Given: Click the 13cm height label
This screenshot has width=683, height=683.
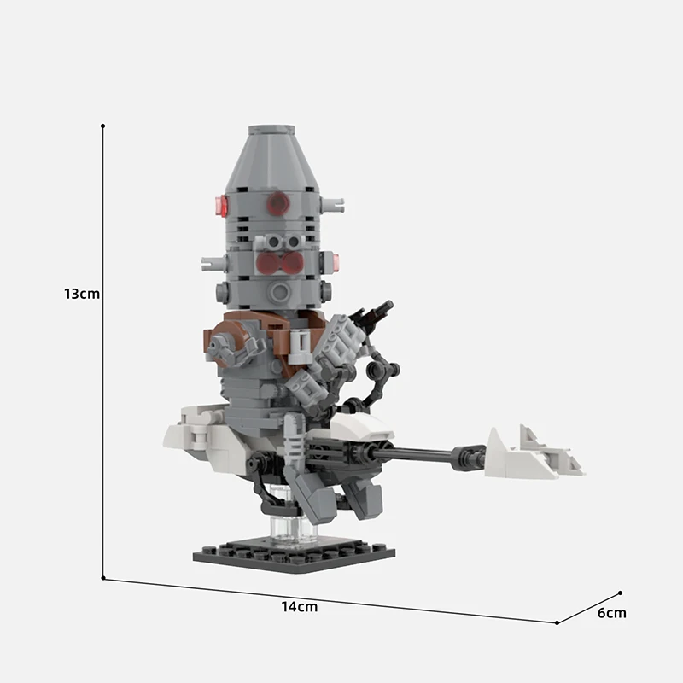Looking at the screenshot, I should click(x=82, y=294).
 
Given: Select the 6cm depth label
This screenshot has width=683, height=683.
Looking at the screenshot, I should click(x=611, y=612).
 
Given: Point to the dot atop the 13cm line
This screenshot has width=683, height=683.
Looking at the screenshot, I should click(x=103, y=126).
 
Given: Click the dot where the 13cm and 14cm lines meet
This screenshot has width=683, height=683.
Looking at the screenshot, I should click(x=103, y=578).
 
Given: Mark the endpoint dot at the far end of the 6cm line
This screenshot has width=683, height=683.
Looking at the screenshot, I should click(x=621, y=593).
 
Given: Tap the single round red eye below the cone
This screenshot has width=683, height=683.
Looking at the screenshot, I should click(x=277, y=204).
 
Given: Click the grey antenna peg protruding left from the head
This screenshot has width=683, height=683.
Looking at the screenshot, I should click(x=210, y=262).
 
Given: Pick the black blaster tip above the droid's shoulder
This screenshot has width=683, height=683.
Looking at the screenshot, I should click(x=379, y=312).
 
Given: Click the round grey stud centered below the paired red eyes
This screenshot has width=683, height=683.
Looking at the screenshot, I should click(x=278, y=292).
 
